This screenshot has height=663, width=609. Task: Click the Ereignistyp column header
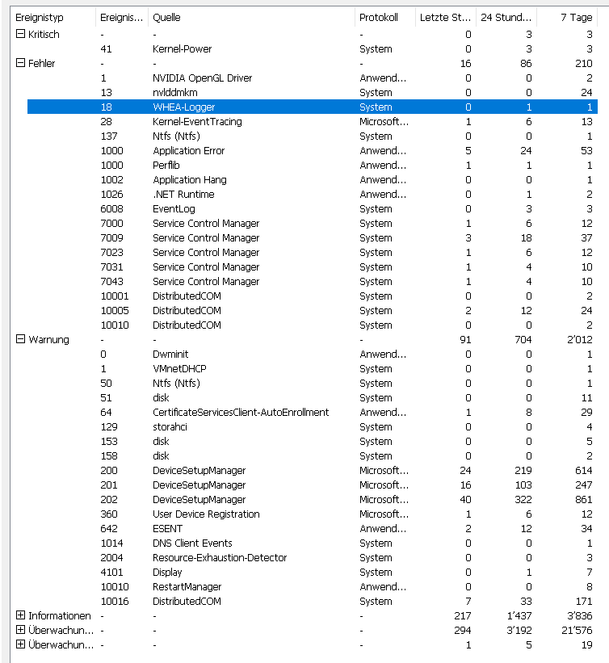[40, 18]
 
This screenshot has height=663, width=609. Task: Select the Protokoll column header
[379, 18]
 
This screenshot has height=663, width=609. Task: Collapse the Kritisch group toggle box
[20, 35]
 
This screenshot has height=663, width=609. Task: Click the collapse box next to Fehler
[20, 64]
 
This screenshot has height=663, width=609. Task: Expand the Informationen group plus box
[20, 616]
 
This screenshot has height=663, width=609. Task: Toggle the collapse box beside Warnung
[20, 340]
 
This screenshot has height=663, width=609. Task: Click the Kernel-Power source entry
[182, 49]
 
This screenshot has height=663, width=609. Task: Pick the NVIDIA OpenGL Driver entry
[202, 78]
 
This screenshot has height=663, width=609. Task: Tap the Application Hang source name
[189, 180]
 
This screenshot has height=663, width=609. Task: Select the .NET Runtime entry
[183, 195]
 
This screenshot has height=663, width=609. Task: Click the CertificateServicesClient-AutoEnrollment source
[241, 413]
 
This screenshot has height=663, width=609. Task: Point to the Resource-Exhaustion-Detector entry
[220, 558]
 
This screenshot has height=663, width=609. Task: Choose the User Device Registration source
[206, 514]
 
